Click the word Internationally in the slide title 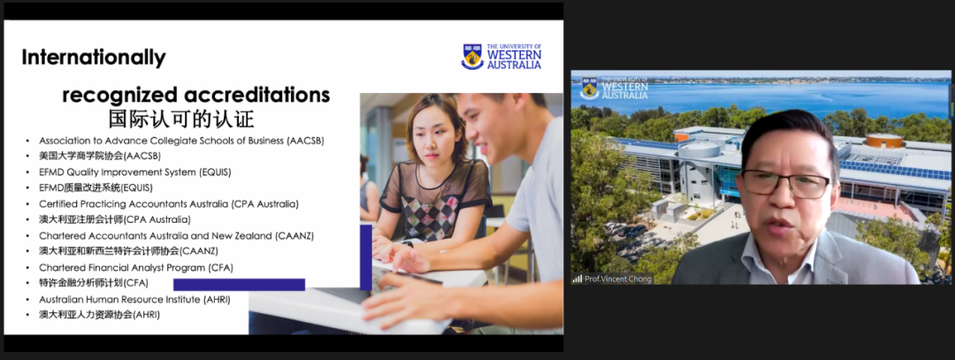click(x=94, y=57)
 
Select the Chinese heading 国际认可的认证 click(x=181, y=118)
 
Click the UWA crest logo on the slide click(x=472, y=57)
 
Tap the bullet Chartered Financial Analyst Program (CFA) click(x=136, y=267)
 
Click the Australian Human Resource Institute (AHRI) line click(x=134, y=299)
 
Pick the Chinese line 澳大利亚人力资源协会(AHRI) click(x=99, y=315)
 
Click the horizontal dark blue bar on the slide click(x=239, y=285)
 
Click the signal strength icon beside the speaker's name click(x=577, y=279)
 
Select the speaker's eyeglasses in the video click(x=788, y=183)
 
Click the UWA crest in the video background click(x=589, y=88)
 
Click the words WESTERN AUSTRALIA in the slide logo click(x=514, y=59)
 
